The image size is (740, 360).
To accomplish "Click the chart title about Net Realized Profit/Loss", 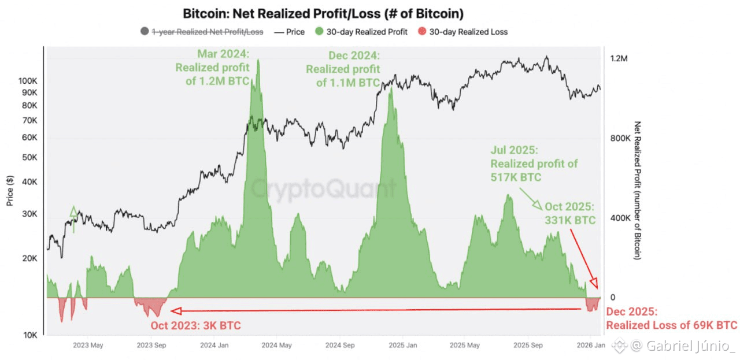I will (323, 13).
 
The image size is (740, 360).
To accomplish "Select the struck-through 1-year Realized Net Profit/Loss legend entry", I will (207, 32).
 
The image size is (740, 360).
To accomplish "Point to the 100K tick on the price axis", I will (28, 80).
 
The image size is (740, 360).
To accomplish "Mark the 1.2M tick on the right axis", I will (619, 59).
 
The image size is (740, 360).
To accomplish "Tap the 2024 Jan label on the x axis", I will (214, 346).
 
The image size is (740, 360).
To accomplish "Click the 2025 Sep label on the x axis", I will (529, 346).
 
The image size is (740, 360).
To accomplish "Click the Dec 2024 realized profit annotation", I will (343, 69).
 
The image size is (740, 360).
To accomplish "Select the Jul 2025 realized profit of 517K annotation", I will (534, 164).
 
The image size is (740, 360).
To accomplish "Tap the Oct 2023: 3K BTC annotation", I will (195, 325).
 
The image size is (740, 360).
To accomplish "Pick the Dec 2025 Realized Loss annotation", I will (671, 318).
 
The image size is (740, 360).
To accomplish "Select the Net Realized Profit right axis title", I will (638, 190).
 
